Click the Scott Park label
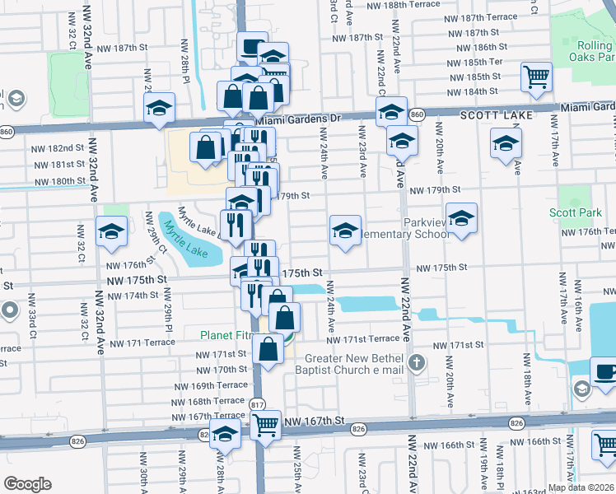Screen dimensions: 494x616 [576, 212]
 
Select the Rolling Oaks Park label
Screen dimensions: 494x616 [592, 50]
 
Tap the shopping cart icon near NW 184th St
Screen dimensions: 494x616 [537, 77]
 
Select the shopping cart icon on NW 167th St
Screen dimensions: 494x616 [265, 425]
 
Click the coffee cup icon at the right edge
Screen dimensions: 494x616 [605, 370]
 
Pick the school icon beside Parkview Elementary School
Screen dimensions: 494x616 [462, 218]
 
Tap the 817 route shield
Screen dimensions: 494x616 [257, 404]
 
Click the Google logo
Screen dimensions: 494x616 [27, 483]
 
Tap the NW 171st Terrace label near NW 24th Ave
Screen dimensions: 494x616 [362, 339]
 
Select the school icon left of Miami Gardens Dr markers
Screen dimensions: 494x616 [159, 108]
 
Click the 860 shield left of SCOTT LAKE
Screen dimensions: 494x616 [417, 114]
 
